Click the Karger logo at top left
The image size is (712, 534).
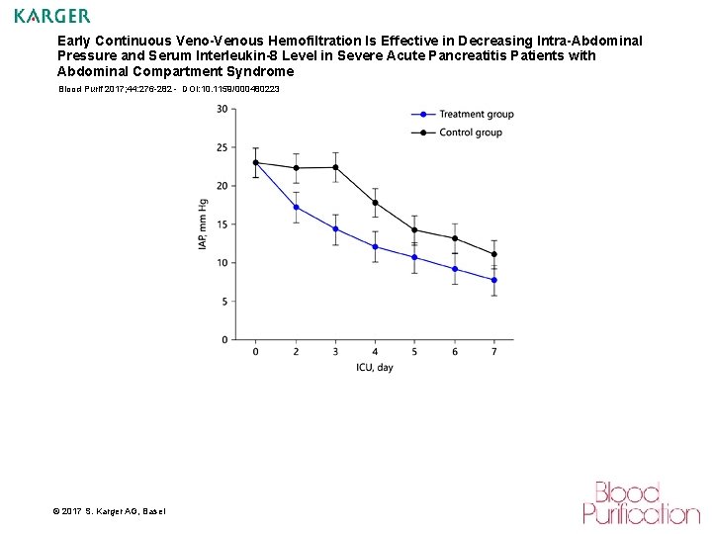pyautogui.click(x=51, y=16)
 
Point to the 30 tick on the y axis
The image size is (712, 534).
pyautogui.click(x=222, y=109)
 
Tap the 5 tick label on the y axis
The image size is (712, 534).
pyautogui.click(x=224, y=301)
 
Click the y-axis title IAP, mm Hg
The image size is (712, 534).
pyautogui.click(x=202, y=224)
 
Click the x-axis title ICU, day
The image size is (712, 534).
pyautogui.click(x=375, y=368)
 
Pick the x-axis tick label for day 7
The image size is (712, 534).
pyautogui.click(x=493, y=352)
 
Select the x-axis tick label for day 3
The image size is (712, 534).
pyautogui.click(x=335, y=352)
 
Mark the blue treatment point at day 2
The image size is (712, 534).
pyautogui.click(x=296, y=207)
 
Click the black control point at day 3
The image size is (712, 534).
pyautogui.click(x=335, y=167)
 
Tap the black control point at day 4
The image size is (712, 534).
pyautogui.click(x=375, y=203)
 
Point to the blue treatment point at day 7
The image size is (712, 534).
pyautogui.click(x=493, y=280)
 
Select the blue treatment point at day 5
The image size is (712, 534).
pyautogui.click(x=414, y=257)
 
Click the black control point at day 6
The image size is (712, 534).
pyautogui.click(x=454, y=238)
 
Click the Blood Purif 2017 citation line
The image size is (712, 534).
pyautogui.click(x=168, y=89)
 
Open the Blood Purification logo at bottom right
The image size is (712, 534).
pyautogui.click(x=640, y=502)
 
